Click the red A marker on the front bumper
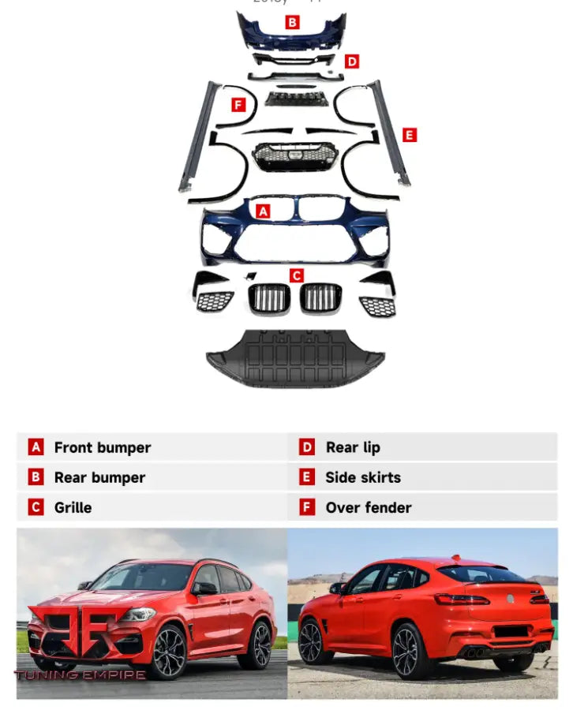(264, 211)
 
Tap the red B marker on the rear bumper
(293, 22)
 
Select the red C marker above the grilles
(296, 275)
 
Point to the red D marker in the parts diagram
(352, 61)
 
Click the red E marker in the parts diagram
(409, 135)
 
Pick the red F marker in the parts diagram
(238, 104)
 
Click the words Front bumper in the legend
(102, 447)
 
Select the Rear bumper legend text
(99, 477)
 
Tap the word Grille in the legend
(73, 507)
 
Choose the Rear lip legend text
(353, 447)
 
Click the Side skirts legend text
(363, 477)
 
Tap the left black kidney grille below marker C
(269, 297)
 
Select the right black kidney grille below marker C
(320, 297)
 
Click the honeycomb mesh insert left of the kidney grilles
(215, 301)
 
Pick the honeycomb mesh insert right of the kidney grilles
(377, 305)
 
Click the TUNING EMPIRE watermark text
(81, 674)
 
